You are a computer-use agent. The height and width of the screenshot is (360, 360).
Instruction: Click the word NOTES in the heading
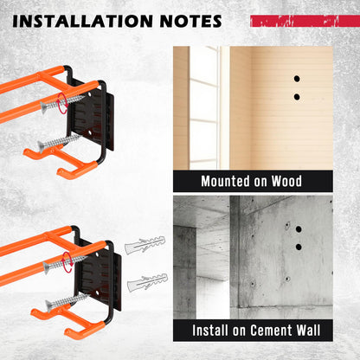191,21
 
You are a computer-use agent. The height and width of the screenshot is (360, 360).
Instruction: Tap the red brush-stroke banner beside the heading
305,21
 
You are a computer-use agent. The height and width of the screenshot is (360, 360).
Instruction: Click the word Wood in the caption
286,181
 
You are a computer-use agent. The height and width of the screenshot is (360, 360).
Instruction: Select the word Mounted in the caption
225,181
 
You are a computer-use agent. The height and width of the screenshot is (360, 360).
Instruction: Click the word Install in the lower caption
210,330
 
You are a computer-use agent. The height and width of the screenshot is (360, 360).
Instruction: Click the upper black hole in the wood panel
297,79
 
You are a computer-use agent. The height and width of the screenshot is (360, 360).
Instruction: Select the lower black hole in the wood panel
297,97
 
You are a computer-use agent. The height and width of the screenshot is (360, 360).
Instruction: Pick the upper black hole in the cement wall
299,229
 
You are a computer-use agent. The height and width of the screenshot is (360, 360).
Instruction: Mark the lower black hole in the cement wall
299,247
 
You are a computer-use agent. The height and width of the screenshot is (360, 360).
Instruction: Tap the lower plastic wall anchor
148,282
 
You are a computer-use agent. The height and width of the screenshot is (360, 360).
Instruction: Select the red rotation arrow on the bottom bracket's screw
67,262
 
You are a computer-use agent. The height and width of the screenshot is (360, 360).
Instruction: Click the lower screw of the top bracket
59,142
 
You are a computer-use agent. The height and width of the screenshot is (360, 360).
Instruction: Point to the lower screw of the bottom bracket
67,302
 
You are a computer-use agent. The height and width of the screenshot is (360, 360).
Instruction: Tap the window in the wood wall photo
204,107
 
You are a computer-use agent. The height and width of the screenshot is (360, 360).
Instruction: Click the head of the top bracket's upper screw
45,107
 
